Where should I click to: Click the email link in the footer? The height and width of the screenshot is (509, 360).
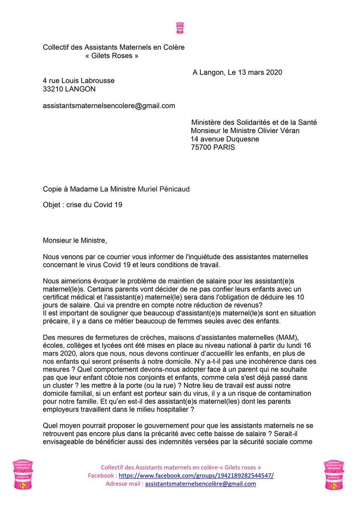pyautogui.click(x=201, y=484)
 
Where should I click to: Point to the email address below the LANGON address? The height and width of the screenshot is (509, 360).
pyautogui.click(x=109, y=106)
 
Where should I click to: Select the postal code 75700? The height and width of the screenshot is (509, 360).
pyautogui.click(x=202, y=147)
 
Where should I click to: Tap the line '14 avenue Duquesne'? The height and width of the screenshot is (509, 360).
pyautogui.click(x=225, y=139)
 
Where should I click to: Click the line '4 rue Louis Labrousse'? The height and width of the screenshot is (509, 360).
pyautogui.click(x=79, y=81)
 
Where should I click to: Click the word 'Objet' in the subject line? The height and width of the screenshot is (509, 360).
pyautogui.click(x=52, y=205)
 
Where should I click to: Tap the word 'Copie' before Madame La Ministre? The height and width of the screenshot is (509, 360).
pyautogui.click(x=53, y=189)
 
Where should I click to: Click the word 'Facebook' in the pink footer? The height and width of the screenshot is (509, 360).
pyautogui.click(x=102, y=475)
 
